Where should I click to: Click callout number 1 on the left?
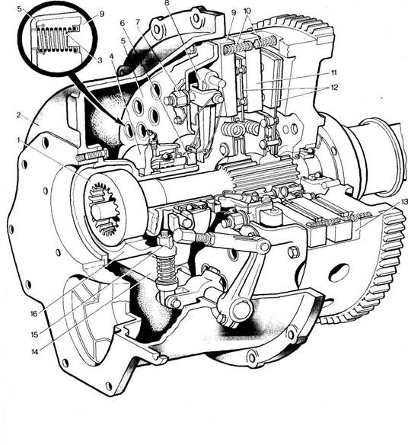point(19,140)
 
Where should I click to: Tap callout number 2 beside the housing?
point(19,115)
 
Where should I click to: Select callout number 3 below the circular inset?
point(100,60)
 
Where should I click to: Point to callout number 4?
point(111,56)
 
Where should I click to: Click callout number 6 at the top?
point(123,23)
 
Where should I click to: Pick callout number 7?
point(138,22)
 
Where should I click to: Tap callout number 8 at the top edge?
point(166,4)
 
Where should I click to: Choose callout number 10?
point(247,11)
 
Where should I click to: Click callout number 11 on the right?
point(334,72)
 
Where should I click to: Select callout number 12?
point(334,87)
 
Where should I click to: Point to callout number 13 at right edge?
point(403,202)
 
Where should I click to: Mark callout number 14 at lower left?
point(34,352)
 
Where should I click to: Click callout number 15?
point(34,335)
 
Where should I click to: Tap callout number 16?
point(33,314)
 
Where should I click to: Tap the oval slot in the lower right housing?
point(339,272)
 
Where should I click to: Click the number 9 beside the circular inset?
point(102,14)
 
